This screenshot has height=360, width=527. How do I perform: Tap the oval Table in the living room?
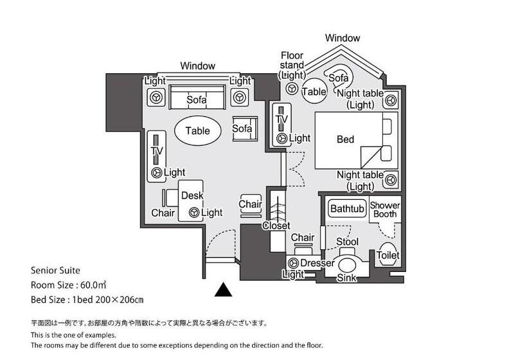pyautogui.click(x=197, y=130)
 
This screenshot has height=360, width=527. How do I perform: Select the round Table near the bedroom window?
pyautogui.click(x=314, y=91)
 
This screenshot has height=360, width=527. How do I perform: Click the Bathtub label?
pyautogui.click(x=347, y=209)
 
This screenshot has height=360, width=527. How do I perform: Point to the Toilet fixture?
pyautogui.click(x=388, y=255)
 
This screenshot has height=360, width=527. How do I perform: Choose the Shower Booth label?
pyautogui.click(x=385, y=210)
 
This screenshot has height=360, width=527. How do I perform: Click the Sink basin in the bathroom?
pyautogui.click(x=347, y=265)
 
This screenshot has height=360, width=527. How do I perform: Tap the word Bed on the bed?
pyautogui.click(x=345, y=139)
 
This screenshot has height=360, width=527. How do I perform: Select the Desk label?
pyautogui.click(x=192, y=195)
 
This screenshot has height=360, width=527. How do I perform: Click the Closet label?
pyautogui.click(x=276, y=226)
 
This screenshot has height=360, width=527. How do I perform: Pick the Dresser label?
pyautogui.click(x=317, y=263)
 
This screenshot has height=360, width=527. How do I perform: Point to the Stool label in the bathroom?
pyautogui.click(x=347, y=242)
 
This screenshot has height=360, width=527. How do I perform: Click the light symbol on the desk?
pyautogui.click(x=193, y=213)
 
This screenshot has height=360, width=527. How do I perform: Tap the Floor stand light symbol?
pyautogui.click(x=292, y=89)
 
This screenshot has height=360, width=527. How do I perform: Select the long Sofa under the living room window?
pyautogui.click(x=197, y=100)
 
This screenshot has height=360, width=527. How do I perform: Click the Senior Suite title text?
pyautogui.click(x=55, y=271)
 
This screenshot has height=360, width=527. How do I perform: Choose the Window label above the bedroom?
pyautogui.click(x=343, y=38)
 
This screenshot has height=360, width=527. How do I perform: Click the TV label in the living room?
pyautogui.click(x=156, y=152)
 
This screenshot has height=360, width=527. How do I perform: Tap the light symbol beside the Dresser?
pyautogui.click(x=293, y=264)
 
